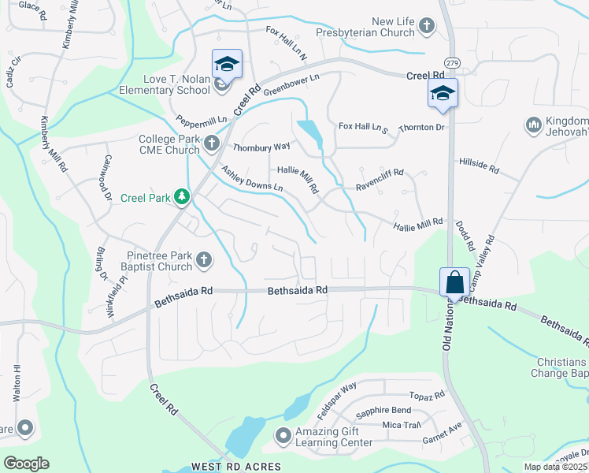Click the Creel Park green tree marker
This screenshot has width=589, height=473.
click(182, 196)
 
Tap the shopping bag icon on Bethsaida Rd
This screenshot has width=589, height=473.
click(454, 281)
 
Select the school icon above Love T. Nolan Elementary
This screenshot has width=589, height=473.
click(227, 64)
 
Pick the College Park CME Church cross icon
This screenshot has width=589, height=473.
click(211, 143)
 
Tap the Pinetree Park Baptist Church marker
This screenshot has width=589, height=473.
click(203, 259)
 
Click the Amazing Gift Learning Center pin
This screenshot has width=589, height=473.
click(283, 435)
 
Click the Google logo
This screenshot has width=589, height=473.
click(26, 464)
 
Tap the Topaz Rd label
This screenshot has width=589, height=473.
click(428, 394)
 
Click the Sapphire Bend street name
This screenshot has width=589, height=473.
click(383, 411)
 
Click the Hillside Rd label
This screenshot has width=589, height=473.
click(480, 169)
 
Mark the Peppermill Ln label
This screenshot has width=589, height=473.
click(202, 121)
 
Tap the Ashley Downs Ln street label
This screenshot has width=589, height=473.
click(251, 179)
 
